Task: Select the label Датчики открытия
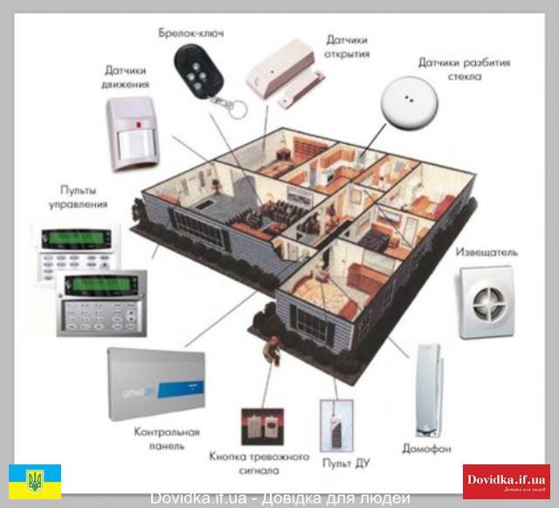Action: pos(348,46)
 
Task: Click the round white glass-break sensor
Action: pos(407,100)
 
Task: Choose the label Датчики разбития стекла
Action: pos(463,70)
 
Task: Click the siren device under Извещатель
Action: pos(487,301)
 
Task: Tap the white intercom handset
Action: pos(429,388)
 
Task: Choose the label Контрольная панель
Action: pos(166,439)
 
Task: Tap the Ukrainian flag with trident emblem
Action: pos(35,481)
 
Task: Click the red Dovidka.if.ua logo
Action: pos(506,481)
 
